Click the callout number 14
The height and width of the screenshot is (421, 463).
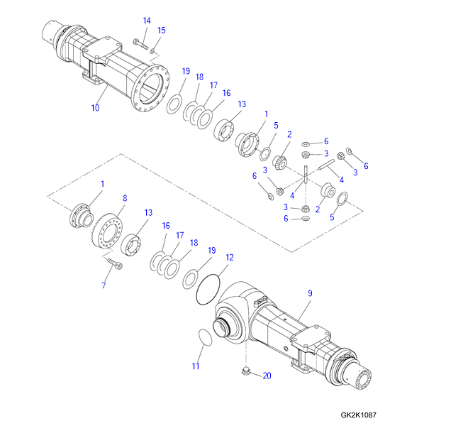click(146, 21)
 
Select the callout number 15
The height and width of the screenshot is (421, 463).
click(162, 30)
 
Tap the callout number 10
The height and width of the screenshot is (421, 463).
click(95, 108)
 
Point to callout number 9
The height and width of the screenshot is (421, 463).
click(309, 293)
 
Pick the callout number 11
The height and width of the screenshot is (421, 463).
click(196, 366)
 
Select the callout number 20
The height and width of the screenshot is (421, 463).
click(267, 376)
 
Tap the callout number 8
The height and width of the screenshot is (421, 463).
click(125, 199)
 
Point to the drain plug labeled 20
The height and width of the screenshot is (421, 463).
click(247, 371)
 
